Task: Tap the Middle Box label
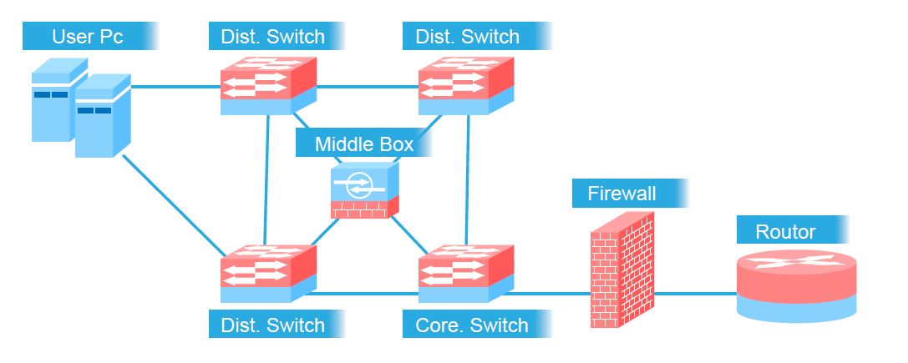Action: [363, 144]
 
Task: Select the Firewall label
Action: [621, 194]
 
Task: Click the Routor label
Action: [785, 231]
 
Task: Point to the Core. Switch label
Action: [472, 325]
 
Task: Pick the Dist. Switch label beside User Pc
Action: [272, 37]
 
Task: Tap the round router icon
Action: [796, 284]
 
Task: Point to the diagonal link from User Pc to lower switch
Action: [171, 204]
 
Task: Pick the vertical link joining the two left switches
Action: [267, 179]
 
